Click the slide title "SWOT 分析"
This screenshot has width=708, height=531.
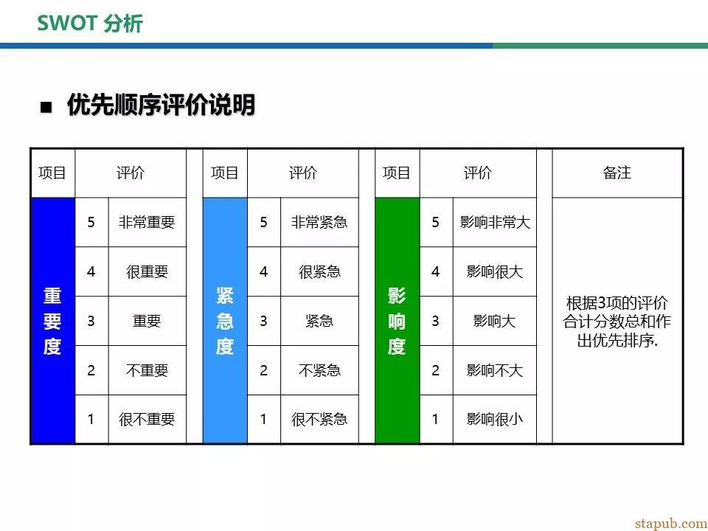90,24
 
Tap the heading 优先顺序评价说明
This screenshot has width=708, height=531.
162,105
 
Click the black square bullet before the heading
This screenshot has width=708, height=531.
46,108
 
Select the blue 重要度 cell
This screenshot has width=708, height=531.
52,321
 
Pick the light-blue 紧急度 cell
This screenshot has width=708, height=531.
225,321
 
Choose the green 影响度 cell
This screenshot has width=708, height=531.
398,321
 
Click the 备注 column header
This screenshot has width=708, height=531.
617,173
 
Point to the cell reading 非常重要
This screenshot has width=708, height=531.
147,222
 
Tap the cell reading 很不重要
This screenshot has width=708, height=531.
147,420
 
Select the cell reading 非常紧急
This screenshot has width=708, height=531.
319,222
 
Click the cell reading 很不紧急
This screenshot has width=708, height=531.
319,420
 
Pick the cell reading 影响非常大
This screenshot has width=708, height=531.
495,222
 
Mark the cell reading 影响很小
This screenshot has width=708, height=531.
495,420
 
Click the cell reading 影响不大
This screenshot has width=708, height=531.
495,370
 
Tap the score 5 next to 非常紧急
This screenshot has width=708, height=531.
264,222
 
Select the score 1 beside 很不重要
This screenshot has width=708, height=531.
91,420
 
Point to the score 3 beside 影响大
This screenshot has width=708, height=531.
436,321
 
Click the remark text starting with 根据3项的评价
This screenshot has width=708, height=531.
617,322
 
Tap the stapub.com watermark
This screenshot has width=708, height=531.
670,524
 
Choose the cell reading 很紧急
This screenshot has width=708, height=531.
319,272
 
